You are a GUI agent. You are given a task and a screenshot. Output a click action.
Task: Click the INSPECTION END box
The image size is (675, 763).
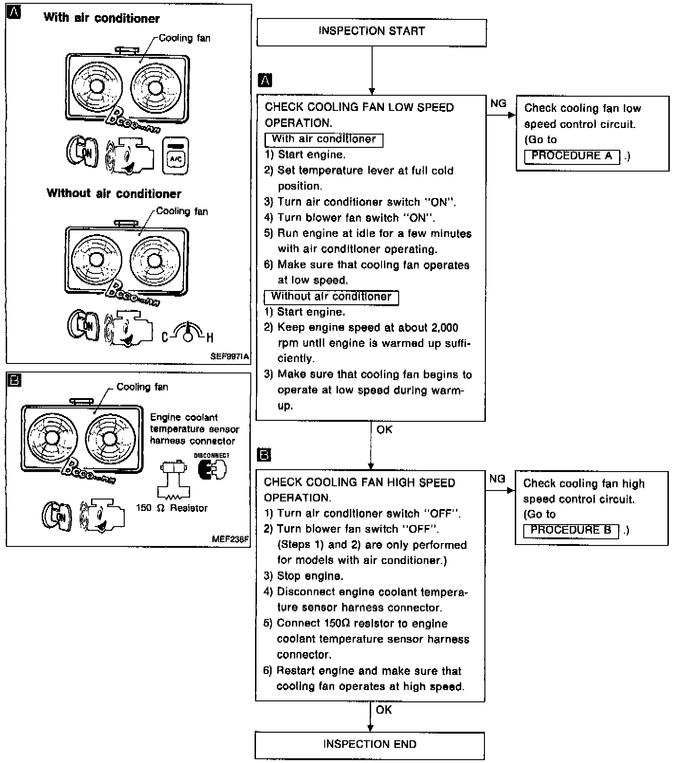click(370, 745)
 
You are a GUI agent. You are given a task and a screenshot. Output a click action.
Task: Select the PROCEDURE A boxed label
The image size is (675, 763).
click(572, 156)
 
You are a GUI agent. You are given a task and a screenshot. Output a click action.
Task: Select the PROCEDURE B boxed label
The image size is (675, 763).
click(571, 530)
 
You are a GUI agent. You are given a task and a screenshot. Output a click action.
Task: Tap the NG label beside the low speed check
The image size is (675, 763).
click(498, 104)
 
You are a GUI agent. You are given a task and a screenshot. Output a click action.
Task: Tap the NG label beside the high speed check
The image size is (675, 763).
click(497, 479)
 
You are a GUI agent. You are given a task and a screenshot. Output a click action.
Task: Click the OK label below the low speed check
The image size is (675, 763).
click(384, 430)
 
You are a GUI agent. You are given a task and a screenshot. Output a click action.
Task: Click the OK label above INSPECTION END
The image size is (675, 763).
click(383, 710)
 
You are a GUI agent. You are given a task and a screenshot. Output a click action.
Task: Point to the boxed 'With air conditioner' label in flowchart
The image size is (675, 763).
click(324, 139)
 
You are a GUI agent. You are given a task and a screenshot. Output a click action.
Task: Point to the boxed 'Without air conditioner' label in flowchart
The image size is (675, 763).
click(331, 297)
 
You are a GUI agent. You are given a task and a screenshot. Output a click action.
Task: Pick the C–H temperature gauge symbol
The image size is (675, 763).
click(188, 332)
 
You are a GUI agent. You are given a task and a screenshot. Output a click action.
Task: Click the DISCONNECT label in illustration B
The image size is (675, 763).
click(211, 455)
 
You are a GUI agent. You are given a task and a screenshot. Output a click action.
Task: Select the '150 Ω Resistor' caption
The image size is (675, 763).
click(172, 508)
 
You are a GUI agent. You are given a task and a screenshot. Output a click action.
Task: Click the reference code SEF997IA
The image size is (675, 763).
click(229, 356)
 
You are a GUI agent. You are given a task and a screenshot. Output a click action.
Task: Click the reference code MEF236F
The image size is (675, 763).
click(230, 539)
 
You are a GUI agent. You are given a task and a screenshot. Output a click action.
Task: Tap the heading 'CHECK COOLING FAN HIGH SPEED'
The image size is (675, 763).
click(359, 483)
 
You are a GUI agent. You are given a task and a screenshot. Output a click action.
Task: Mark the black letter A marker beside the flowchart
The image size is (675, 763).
click(265, 81)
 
